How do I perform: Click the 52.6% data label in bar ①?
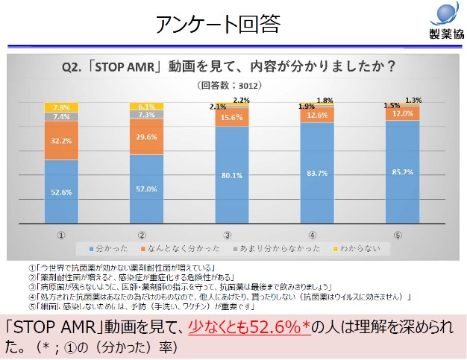61,192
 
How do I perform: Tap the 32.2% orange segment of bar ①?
61,139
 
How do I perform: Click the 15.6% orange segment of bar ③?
232,118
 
